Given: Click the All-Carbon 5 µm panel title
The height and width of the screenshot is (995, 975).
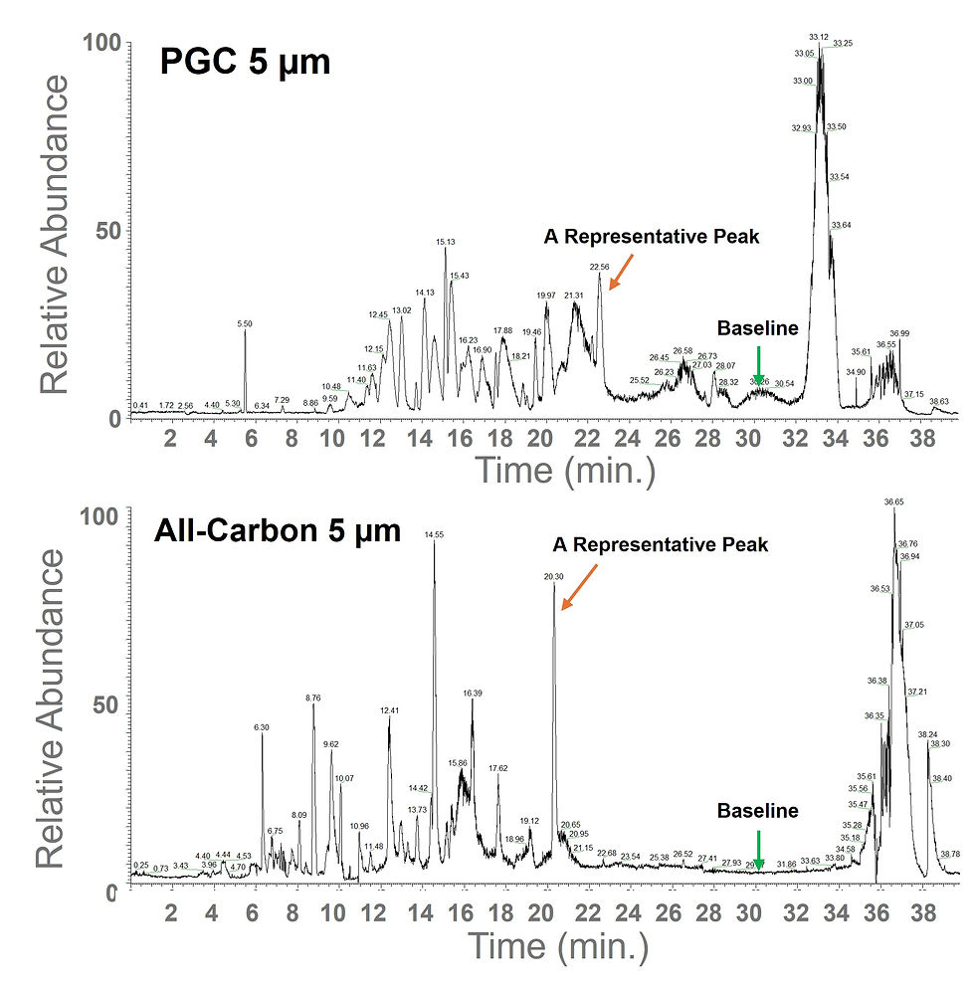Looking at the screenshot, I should point(277,531).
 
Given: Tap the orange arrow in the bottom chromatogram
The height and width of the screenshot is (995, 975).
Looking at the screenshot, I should point(578,586).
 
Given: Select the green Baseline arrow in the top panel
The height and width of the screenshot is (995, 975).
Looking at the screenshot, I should point(758,364).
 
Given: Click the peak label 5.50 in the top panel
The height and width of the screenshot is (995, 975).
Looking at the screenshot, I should point(245,324).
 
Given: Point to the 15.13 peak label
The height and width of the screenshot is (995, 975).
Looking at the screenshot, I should point(446,242).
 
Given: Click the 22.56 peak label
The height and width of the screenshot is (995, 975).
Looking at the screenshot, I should point(599,267).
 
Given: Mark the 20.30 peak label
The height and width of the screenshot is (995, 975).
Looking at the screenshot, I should point(553,576).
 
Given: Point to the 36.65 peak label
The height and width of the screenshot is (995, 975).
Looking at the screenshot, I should point(893,502).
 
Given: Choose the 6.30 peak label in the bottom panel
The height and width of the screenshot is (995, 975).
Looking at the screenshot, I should point(262,727).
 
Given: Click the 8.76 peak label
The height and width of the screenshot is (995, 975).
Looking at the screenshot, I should point(313,698).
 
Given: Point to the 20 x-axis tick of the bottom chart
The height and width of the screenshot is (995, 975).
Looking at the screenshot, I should point(541,912).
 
